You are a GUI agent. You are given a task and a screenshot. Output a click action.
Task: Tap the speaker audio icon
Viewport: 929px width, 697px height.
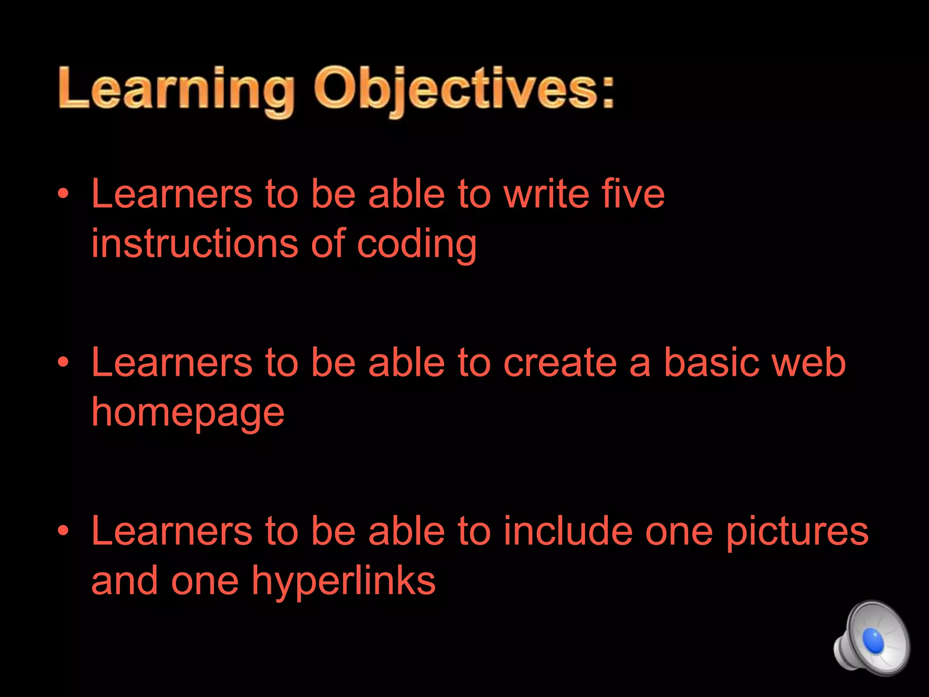pyautogui.click(x=871, y=638)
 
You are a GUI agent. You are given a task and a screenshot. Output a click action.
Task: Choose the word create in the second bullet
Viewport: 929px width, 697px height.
pyautogui.click(x=560, y=363)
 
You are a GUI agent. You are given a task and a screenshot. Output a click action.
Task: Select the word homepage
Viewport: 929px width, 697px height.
pyautogui.click(x=188, y=414)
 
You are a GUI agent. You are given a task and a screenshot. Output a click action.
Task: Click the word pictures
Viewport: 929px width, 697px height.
pyautogui.click(x=797, y=532)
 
